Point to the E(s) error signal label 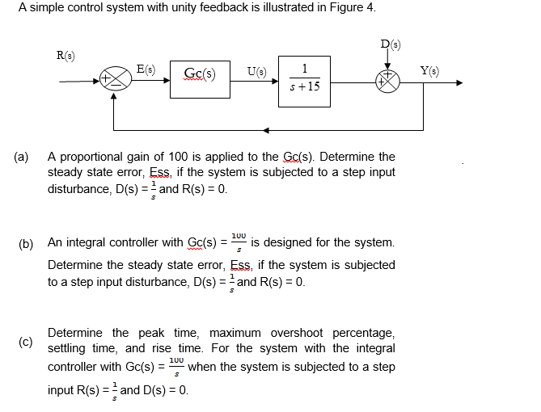[146, 69]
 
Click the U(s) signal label [254, 69]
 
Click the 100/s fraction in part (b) [238, 242]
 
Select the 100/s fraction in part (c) [176, 367]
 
